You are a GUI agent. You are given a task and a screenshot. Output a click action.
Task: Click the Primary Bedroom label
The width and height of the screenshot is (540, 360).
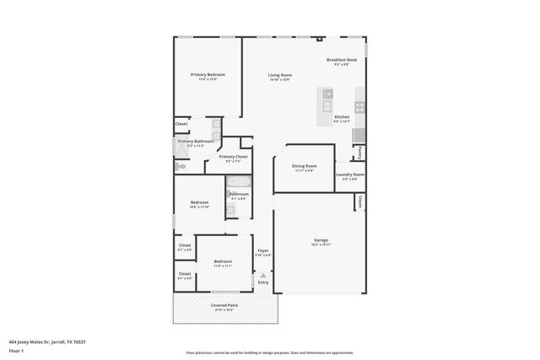coord(208,74)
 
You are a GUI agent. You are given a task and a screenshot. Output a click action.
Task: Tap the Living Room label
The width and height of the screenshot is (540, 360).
coord(280,76)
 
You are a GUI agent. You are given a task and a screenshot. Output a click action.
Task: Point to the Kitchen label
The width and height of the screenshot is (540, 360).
coord(342,116)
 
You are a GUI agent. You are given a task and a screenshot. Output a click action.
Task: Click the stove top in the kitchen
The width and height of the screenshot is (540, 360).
coord(359,107)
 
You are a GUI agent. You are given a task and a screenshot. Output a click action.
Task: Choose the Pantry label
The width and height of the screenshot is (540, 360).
coord(359,153)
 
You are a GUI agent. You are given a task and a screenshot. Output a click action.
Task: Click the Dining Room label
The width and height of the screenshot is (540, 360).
coord(304,166)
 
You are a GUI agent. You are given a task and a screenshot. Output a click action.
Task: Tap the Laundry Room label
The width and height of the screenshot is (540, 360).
coord(349,175)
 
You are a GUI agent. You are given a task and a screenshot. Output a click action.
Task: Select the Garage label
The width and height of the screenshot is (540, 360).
coord(321,239)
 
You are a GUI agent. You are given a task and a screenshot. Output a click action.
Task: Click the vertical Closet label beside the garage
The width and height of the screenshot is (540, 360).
coord(359,202)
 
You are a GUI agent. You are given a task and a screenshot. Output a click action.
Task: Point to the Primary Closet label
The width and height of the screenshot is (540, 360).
coord(233,157)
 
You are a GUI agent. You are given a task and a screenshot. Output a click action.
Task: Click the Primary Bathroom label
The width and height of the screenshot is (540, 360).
coord(195,142)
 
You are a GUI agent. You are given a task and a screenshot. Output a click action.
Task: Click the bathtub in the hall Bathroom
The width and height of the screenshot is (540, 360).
coord(238,183)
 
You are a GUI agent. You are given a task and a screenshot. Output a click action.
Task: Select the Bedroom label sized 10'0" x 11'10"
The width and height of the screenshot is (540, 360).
coord(199,202)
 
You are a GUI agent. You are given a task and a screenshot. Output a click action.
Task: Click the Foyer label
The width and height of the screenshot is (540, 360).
coord(263,250)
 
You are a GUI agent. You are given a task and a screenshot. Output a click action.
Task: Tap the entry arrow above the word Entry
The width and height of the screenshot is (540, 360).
coord(263,275)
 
